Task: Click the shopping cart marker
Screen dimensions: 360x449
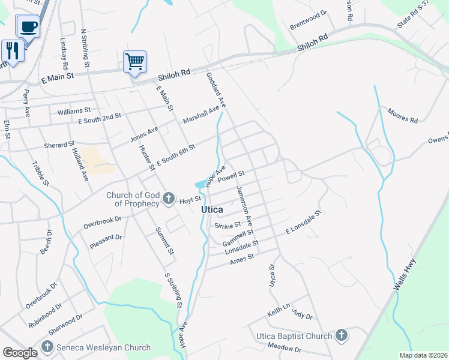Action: tap(135, 61)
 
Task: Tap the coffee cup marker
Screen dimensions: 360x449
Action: tap(28, 26)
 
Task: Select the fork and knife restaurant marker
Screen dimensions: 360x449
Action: tap(12, 50)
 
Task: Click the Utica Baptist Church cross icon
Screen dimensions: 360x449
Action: tap(341, 335)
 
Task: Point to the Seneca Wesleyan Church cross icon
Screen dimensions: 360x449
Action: tap(47, 347)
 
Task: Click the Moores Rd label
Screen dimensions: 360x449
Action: tap(402, 115)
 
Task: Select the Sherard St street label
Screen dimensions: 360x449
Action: tap(58, 145)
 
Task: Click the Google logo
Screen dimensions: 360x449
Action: tap(20, 353)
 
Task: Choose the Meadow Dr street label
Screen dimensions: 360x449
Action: tap(276, 347)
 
